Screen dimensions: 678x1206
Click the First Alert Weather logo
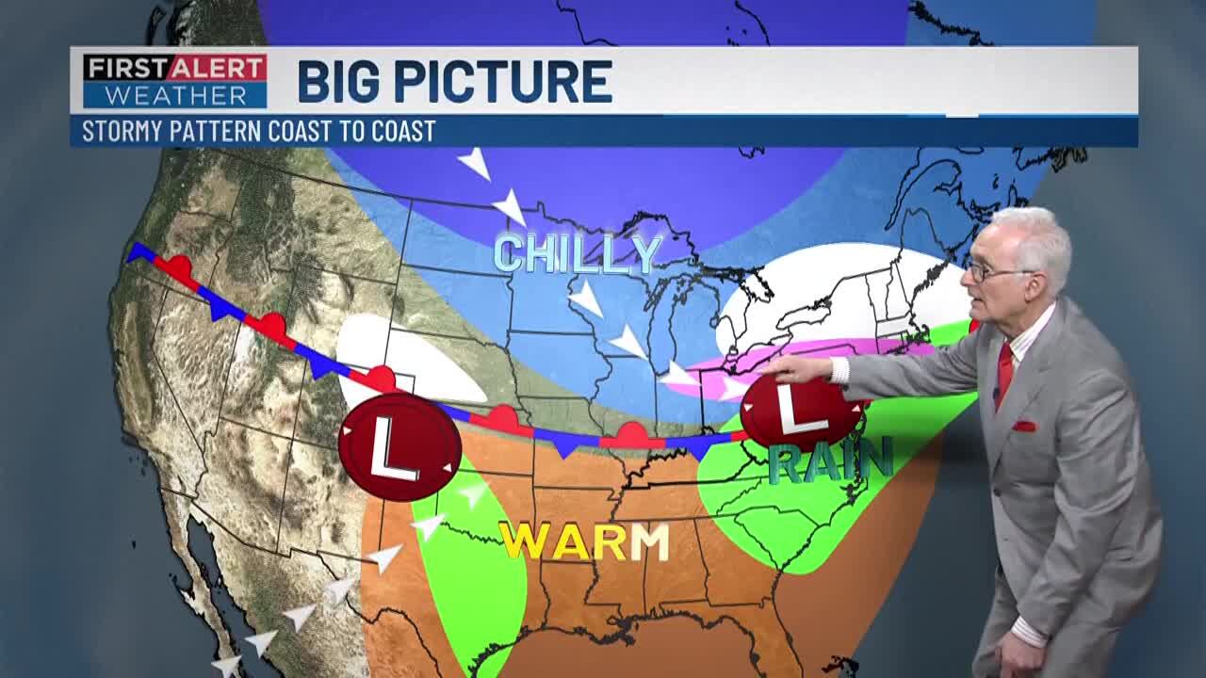click(174, 80)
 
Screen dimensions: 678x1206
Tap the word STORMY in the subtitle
click(122, 131)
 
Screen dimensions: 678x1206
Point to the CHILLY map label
click(578, 253)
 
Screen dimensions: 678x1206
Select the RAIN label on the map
click(829, 461)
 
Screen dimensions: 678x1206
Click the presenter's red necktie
click(1004, 373)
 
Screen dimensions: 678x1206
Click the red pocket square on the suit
click(1023, 426)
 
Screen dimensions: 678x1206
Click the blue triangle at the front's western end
click(139, 251)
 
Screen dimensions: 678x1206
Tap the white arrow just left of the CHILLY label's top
click(510, 206)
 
